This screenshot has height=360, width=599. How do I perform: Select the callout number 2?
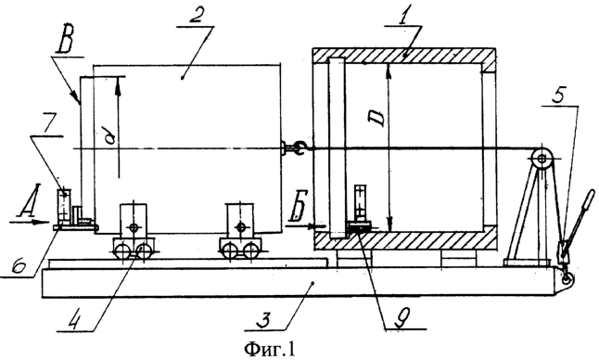[196, 19]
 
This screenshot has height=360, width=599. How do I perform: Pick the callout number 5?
[558, 97]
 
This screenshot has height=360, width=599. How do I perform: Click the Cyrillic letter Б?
[298, 209]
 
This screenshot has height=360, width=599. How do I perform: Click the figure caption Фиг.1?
[270, 348]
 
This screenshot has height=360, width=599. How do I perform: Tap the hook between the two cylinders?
[299, 148]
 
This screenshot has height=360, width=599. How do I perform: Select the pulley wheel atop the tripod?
[542, 157]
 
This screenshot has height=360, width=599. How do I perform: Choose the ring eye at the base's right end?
[567, 279]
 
